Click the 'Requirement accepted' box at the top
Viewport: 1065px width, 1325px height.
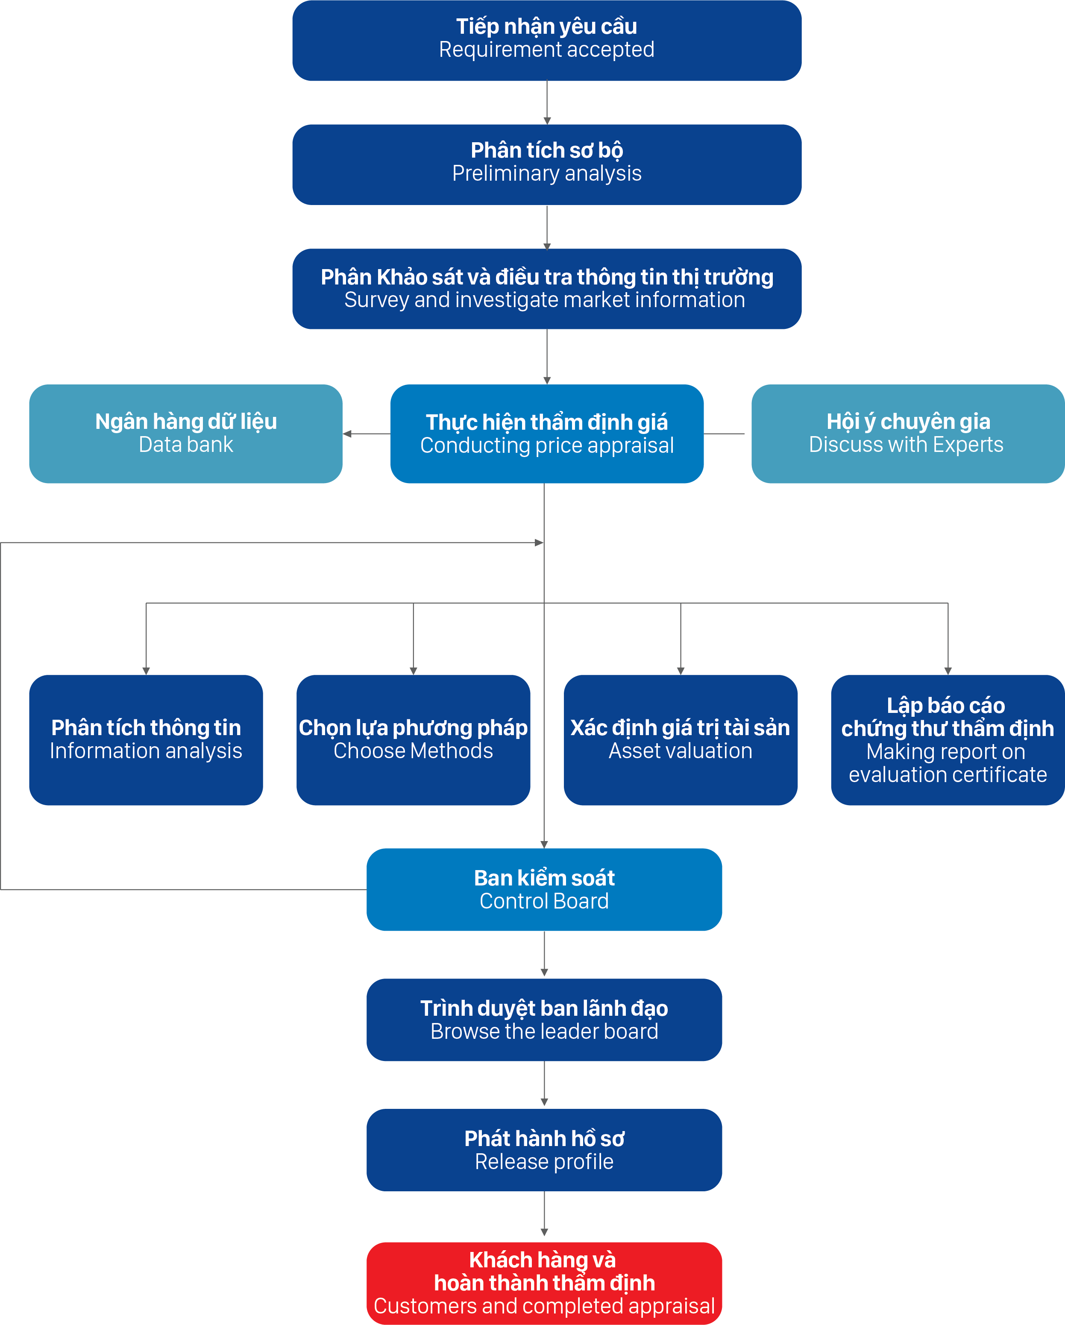[x=547, y=41]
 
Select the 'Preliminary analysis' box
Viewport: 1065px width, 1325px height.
[x=547, y=165]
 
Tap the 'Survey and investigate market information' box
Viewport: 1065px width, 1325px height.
[x=547, y=289]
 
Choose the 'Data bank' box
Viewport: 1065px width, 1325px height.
[x=185, y=434]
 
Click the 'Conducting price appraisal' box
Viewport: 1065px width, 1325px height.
[x=547, y=434]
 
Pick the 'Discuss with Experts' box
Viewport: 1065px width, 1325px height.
[x=908, y=434]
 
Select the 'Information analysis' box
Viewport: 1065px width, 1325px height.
[x=146, y=740]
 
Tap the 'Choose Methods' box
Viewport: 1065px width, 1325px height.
[x=413, y=740]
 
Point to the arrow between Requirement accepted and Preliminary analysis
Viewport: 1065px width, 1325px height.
[x=547, y=103]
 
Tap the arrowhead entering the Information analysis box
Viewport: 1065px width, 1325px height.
[x=146, y=671]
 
